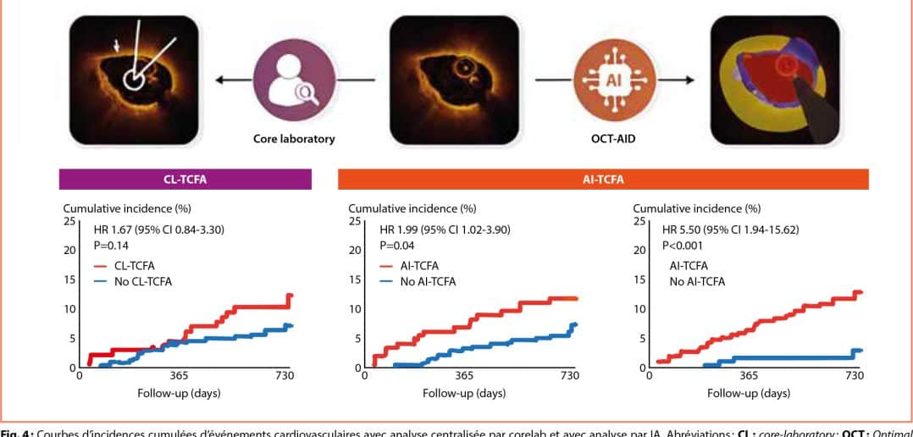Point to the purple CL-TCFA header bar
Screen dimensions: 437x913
185,180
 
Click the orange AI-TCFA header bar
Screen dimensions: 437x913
603,180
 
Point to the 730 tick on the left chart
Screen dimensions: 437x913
285,375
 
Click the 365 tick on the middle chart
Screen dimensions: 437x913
463,375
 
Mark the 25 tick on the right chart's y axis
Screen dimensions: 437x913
639,221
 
